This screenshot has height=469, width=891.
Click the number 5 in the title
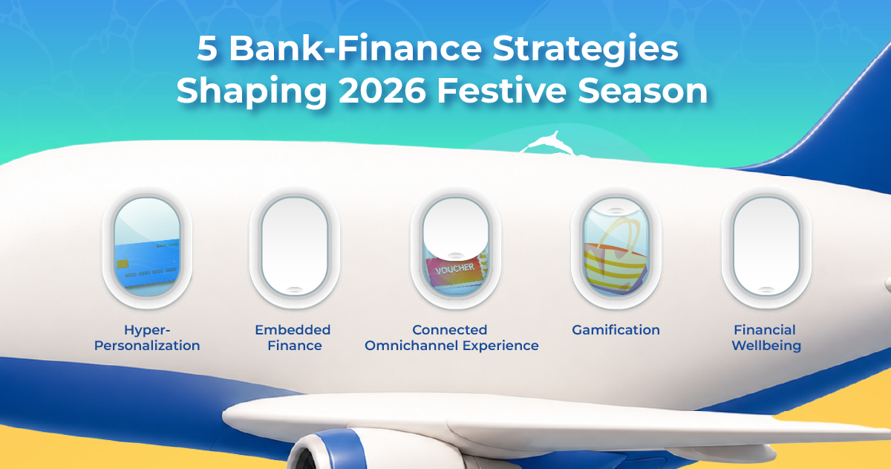pos(206,48)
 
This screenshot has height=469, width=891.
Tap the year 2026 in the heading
pos(382,91)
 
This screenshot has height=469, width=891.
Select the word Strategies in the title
pos(585,51)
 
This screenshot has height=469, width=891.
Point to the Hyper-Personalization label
pos(147,337)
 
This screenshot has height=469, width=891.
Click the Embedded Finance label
pos(293,337)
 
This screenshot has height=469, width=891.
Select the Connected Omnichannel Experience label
pos(451,337)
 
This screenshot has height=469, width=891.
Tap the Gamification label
pos(616,330)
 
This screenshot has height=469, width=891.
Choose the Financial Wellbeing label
pos(766,338)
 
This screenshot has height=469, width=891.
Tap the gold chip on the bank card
pos(123,264)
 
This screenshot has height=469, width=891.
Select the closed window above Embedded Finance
pos(294,247)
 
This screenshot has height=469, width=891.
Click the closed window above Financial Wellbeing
pos(766,247)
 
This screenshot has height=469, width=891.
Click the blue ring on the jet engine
pos(344,450)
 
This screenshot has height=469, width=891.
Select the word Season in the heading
pos(643,91)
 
